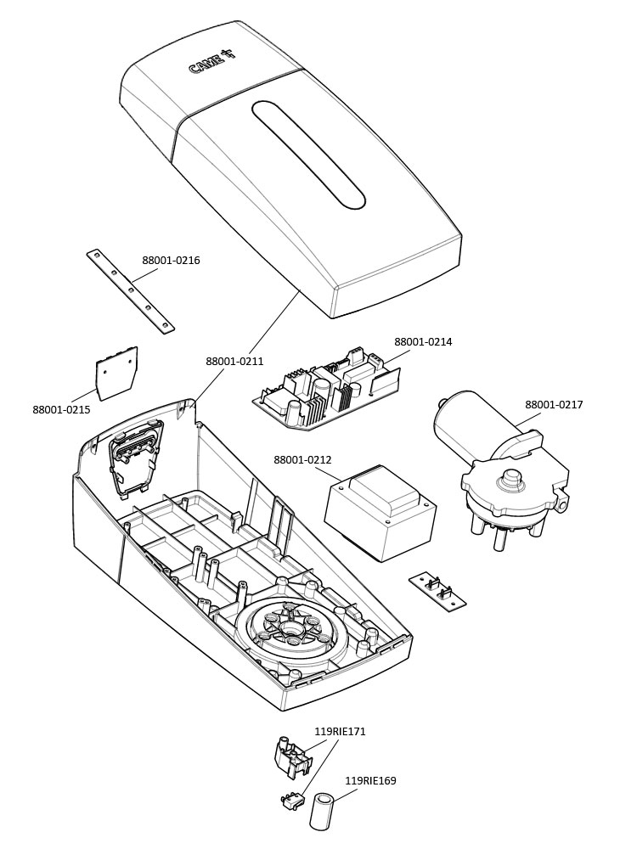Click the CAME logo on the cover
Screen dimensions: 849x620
[x=211, y=64]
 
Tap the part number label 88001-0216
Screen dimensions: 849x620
[x=171, y=261]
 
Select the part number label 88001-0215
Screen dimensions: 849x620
[x=61, y=410]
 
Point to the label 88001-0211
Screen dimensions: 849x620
[x=234, y=362]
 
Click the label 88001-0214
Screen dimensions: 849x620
[x=423, y=342]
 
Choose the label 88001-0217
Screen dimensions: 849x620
[x=554, y=405]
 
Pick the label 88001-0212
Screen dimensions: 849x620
[x=302, y=460]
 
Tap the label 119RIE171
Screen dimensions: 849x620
[x=340, y=731]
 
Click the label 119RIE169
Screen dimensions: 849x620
[x=370, y=781]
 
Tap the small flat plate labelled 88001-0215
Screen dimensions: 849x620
[x=116, y=373]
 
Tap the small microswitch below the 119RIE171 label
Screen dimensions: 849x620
[x=294, y=799]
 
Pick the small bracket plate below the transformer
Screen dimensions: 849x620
[x=437, y=590]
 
